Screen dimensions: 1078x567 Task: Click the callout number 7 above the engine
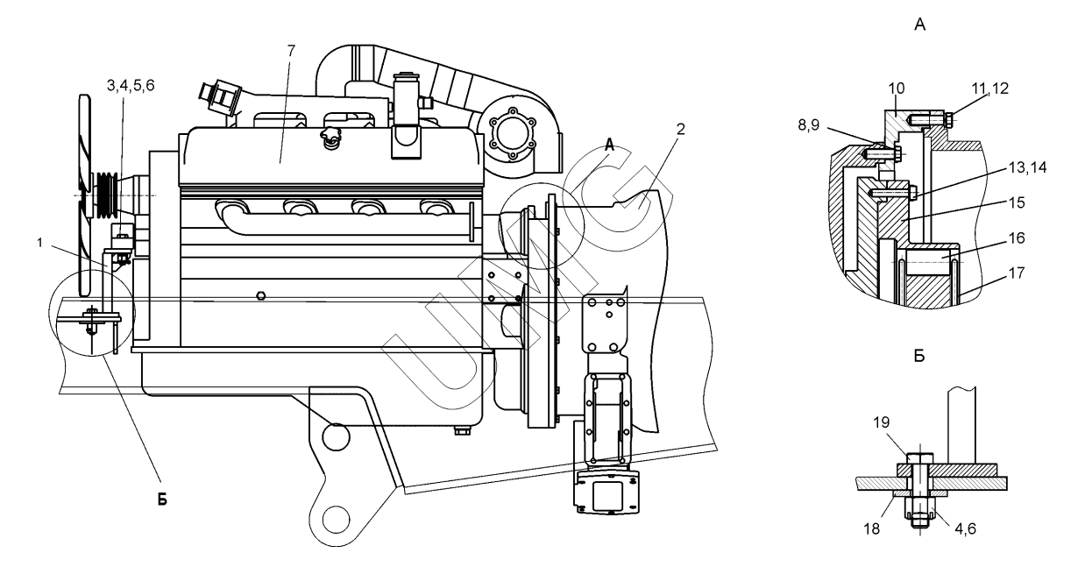point(291,50)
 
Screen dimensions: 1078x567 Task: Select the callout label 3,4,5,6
point(131,86)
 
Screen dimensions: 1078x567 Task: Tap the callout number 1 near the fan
point(40,243)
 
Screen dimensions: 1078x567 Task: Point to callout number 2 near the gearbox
point(680,129)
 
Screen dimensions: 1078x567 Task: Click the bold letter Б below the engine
point(162,500)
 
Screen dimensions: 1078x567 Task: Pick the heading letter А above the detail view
point(919,25)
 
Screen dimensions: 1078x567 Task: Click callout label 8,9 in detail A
point(808,125)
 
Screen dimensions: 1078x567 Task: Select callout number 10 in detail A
point(896,89)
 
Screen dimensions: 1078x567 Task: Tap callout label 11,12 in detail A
point(990,89)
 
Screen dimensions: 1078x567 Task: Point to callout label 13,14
point(1027,167)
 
